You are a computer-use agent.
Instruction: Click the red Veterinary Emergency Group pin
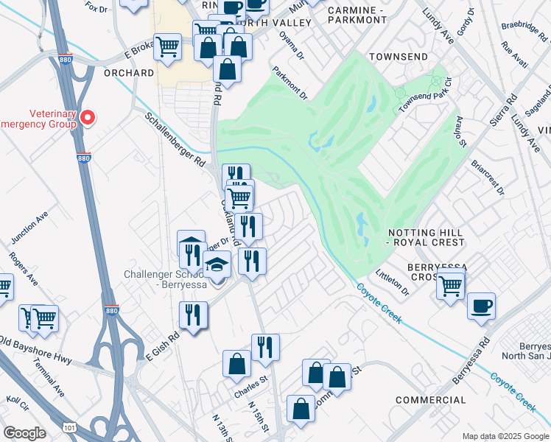click(x=88, y=117)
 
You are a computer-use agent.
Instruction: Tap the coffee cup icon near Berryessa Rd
click(x=481, y=306)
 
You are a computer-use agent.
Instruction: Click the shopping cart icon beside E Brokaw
click(x=168, y=47)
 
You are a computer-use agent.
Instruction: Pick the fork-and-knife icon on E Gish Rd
click(x=194, y=315)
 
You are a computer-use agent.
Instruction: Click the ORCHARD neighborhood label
click(x=130, y=74)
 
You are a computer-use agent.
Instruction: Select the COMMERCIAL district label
click(x=430, y=400)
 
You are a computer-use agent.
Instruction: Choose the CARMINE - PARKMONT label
click(x=357, y=15)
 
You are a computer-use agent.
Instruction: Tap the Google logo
click(x=24, y=433)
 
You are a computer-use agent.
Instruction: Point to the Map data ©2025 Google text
click(x=505, y=436)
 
